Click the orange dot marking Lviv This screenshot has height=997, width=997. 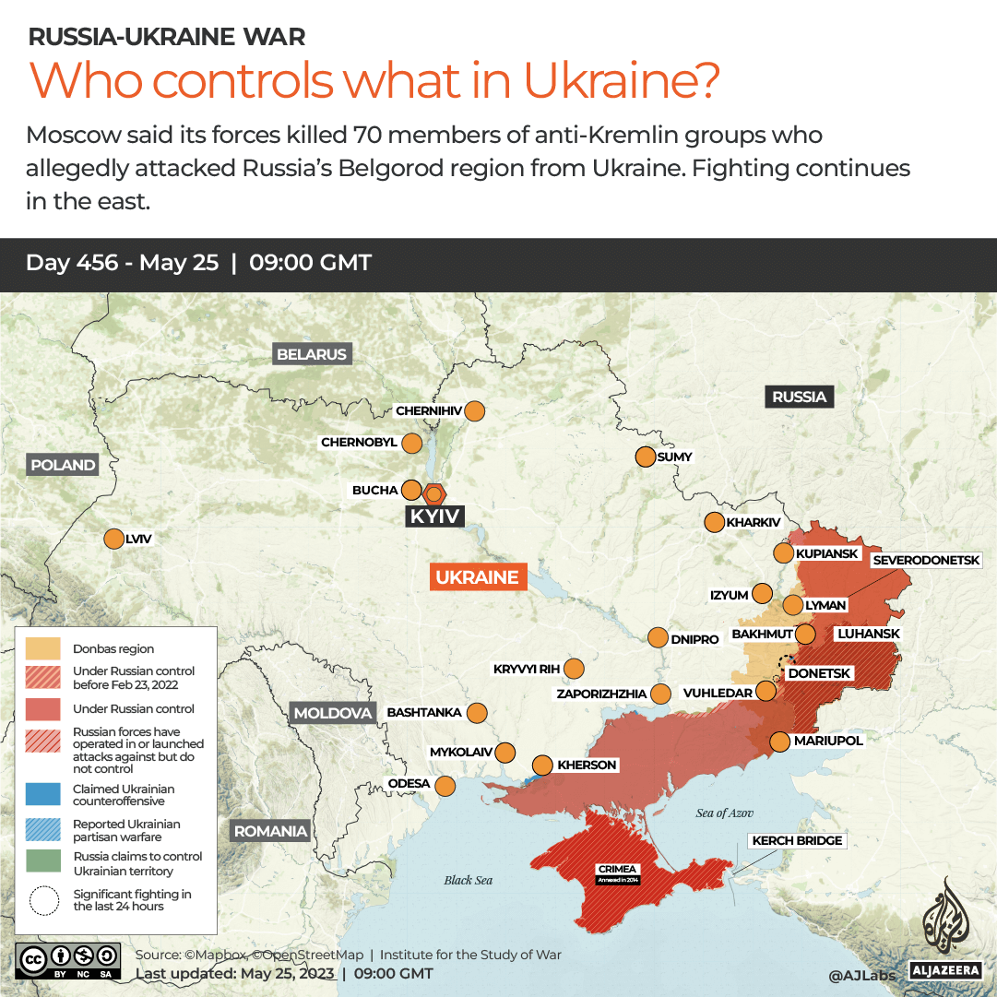tap(114, 539)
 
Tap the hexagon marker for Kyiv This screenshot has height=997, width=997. tap(433, 493)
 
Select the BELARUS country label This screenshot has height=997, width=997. tap(312, 354)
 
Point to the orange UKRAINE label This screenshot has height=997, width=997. tap(477, 577)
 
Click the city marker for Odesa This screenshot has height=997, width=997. tap(445, 786)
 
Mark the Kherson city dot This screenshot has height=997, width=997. tap(543, 765)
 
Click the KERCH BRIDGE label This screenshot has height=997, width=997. tap(797, 840)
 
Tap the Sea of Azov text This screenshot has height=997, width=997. tap(725, 813)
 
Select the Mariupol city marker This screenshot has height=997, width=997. tap(779, 741)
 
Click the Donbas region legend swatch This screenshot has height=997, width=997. tap(43, 648)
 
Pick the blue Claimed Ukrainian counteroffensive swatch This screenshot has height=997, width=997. tap(43, 795)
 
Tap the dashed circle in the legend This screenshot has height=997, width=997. tap(43, 900)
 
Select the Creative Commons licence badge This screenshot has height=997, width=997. tap(68, 959)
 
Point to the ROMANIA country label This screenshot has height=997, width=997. tap(270, 831)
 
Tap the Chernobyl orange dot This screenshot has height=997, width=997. tap(411, 443)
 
